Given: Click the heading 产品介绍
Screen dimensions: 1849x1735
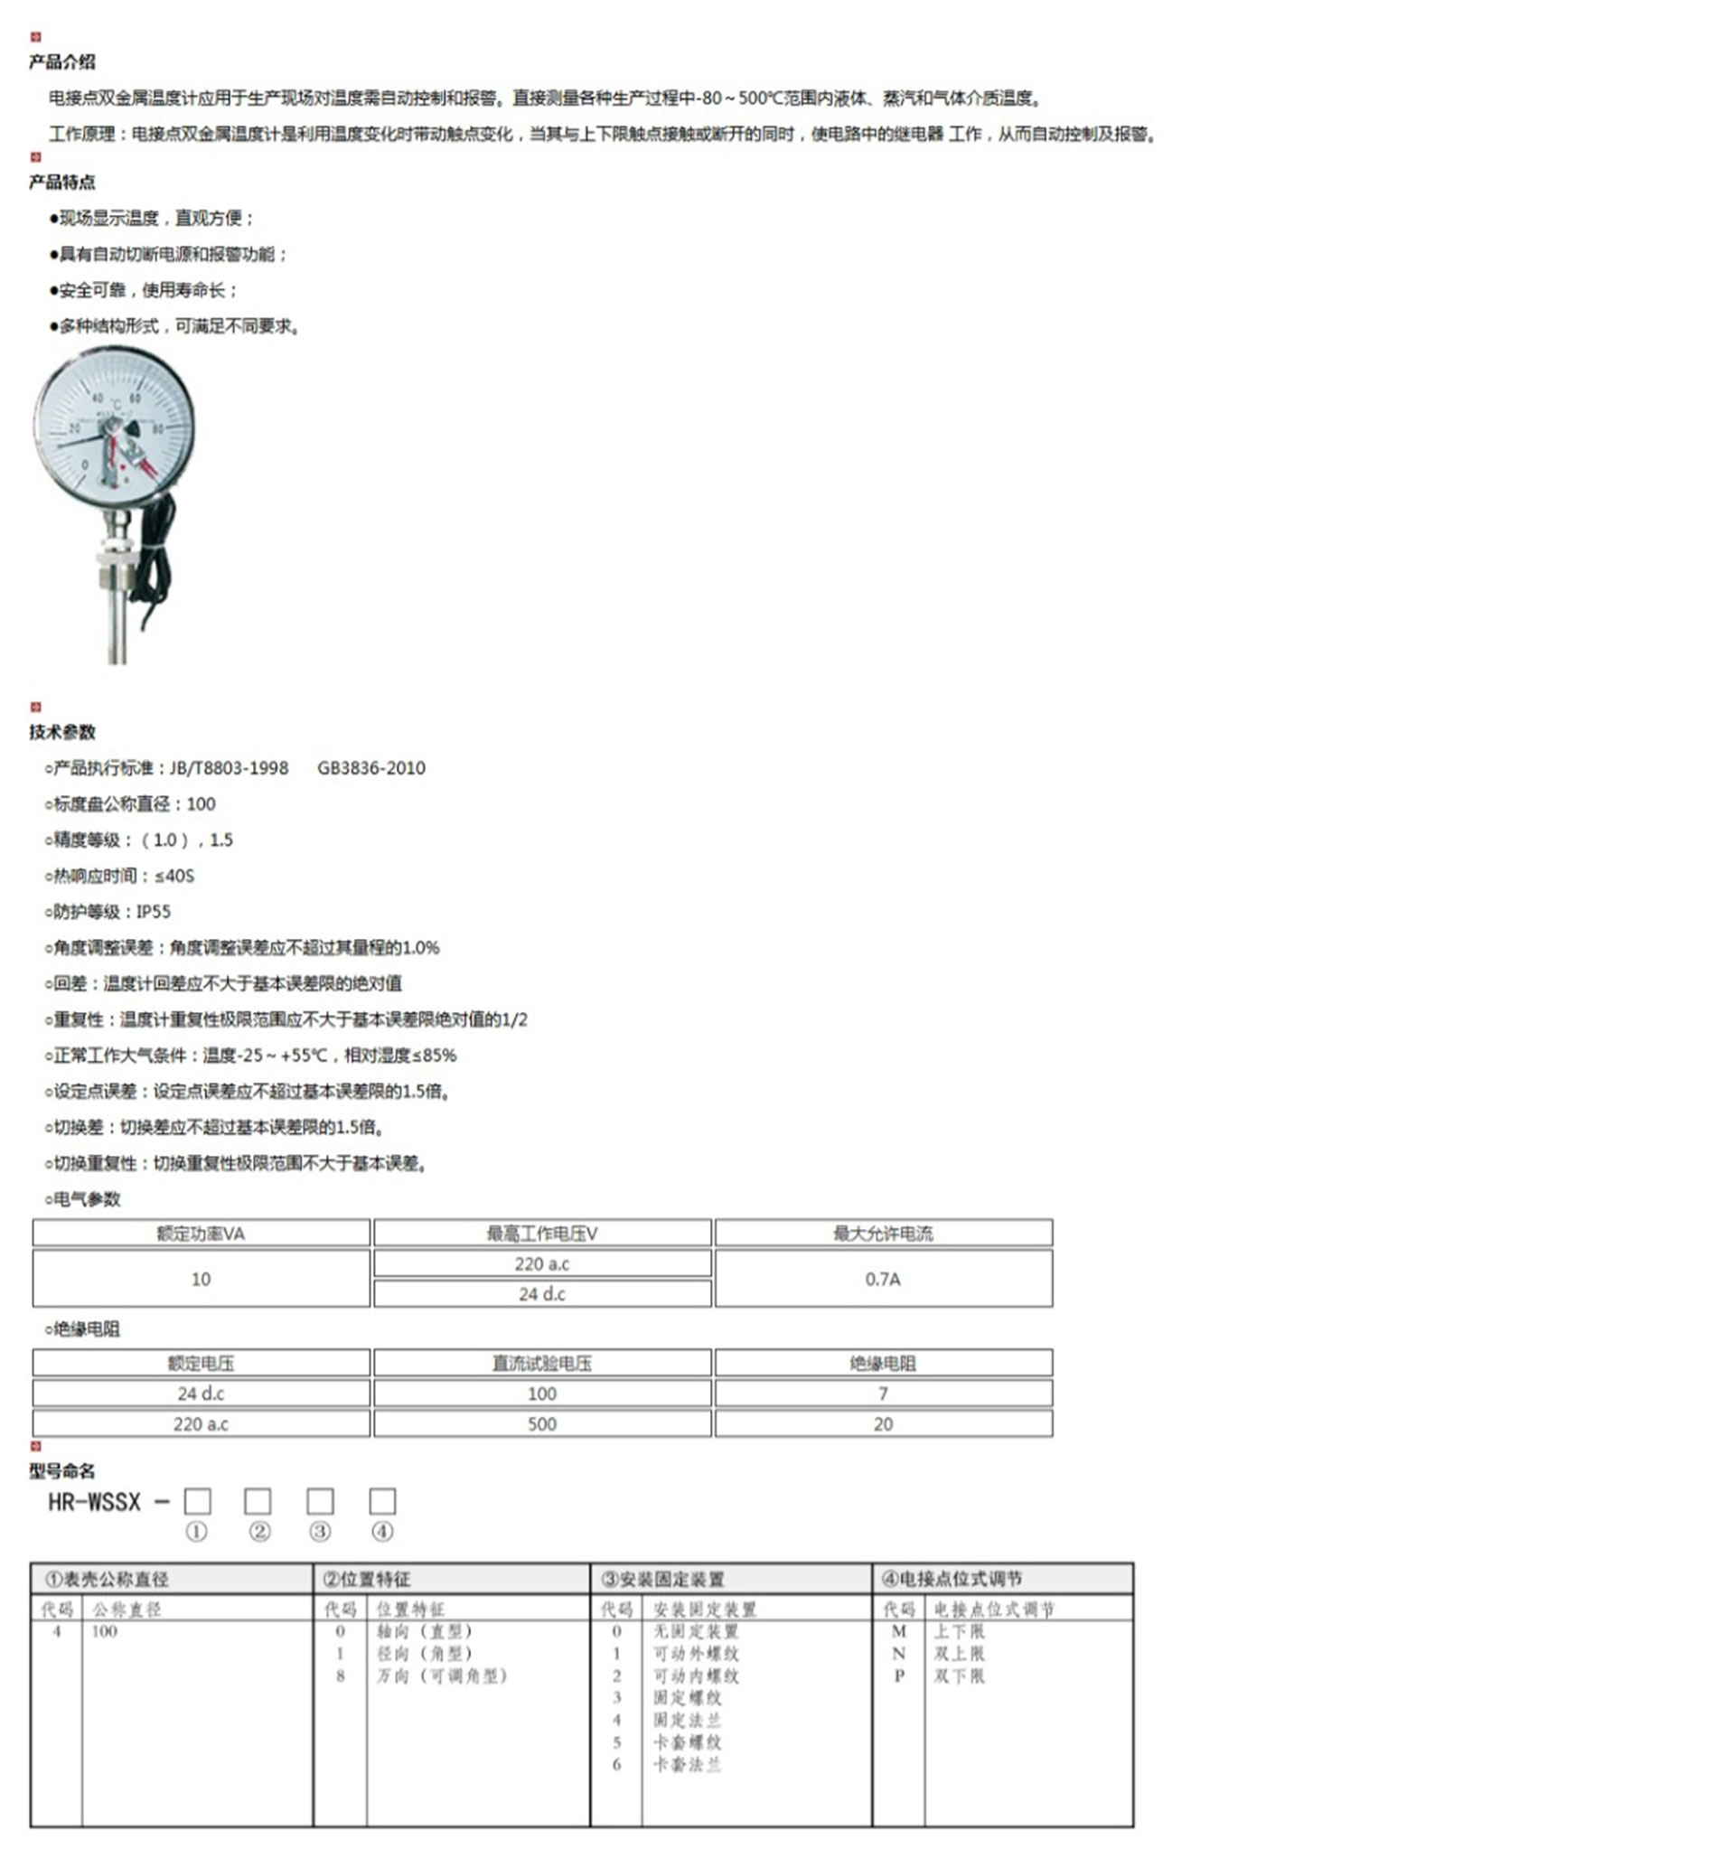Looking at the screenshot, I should tap(61, 62).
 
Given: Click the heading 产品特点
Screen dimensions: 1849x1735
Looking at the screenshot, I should tap(61, 183).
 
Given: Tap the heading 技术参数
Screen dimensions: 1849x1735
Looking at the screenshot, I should tap(61, 732).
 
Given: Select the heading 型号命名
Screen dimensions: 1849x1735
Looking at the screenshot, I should tap(61, 1470).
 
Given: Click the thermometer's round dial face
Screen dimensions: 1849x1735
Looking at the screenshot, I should tap(115, 427).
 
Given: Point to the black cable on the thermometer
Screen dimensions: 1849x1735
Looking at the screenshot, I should tap(155, 558).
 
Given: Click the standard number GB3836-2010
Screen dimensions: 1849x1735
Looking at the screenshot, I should tap(371, 768).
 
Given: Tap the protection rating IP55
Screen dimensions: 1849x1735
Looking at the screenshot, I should tap(154, 912).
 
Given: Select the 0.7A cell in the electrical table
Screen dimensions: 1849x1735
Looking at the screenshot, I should tap(882, 1279).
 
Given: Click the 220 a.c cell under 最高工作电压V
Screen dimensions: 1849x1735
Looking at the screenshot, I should tap(542, 1264).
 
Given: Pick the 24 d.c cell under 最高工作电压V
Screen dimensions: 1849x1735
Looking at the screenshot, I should tap(542, 1294).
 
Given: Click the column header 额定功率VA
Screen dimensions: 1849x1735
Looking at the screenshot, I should tap(201, 1234).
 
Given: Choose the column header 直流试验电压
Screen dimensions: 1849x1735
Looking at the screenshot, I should tap(542, 1364).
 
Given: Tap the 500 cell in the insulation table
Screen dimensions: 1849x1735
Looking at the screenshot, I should tap(542, 1424).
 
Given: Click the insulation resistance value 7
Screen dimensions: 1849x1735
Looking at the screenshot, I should tap(882, 1394).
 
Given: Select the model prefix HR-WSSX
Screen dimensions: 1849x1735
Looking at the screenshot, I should tap(95, 1502).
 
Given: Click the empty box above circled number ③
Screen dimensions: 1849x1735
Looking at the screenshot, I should tap(320, 1501).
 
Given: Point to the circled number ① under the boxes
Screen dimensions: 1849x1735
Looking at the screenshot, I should tap(196, 1532).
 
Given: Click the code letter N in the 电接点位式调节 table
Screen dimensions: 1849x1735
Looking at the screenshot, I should tap(898, 1654).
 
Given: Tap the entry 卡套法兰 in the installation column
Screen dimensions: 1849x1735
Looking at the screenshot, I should tap(687, 1765).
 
